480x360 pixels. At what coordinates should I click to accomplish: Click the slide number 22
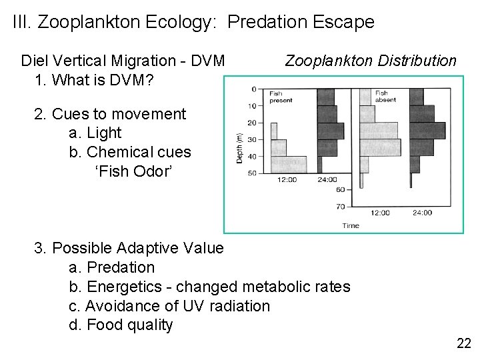pyautogui.click(x=463, y=344)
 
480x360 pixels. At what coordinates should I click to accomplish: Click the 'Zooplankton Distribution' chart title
pyautogui.click(x=371, y=61)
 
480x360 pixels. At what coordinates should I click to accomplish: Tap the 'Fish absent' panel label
pyautogui.click(x=385, y=97)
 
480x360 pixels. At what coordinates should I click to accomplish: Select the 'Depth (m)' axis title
pyautogui.click(x=239, y=147)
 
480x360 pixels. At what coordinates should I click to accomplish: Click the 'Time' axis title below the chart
pyautogui.click(x=351, y=225)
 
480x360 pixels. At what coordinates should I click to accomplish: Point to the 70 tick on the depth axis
pyautogui.click(x=341, y=207)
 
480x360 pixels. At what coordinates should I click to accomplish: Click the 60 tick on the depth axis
pyautogui.click(x=341, y=190)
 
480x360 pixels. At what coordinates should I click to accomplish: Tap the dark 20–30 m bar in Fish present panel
pyautogui.click(x=331, y=131)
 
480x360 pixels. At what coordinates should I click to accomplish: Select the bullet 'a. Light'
pyautogui.click(x=95, y=133)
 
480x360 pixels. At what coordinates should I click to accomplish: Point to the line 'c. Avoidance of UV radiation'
pyautogui.click(x=169, y=306)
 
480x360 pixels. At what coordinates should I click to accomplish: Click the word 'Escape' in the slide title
pyautogui.click(x=341, y=22)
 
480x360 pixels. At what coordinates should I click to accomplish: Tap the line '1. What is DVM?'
pyautogui.click(x=94, y=80)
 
